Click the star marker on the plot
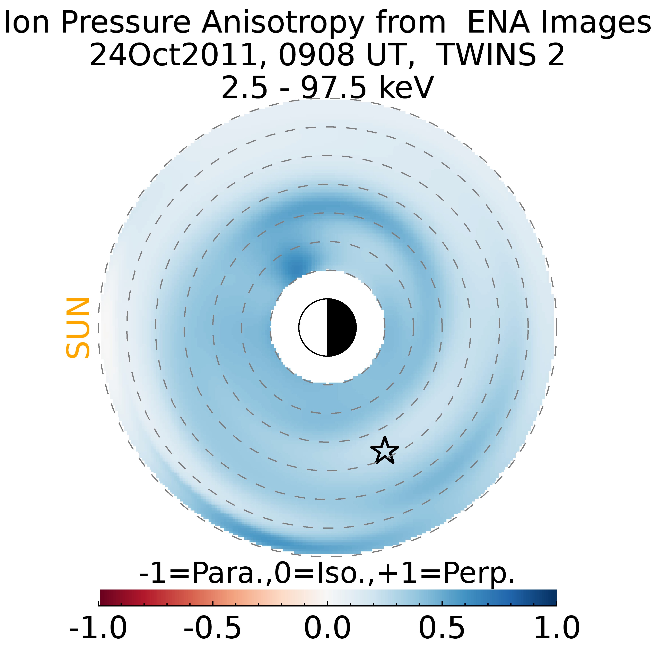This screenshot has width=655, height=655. [x=385, y=450]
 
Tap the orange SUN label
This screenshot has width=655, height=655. [x=78, y=328]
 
